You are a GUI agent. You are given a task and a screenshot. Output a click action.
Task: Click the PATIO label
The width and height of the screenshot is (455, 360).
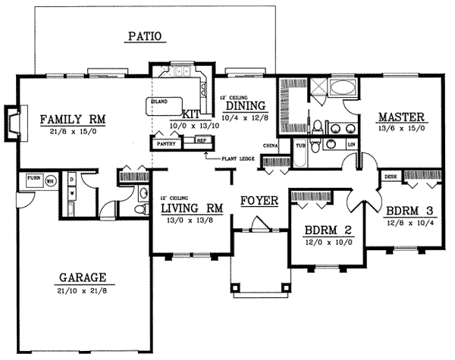(x=146, y=36)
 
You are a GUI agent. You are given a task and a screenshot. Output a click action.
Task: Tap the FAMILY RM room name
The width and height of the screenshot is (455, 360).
(x=72, y=118)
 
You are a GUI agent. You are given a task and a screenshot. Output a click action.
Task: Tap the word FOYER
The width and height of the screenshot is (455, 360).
(x=259, y=201)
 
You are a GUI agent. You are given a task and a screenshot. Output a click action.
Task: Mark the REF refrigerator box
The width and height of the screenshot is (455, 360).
(x=200, y=141)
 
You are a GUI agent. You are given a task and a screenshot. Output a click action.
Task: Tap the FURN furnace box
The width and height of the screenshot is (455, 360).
(x=33, y=180)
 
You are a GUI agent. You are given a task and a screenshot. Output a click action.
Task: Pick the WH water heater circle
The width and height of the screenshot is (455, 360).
(x=51, y=181)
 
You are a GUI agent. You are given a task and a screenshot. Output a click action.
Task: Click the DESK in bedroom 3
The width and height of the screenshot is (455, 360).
(x=391, y=177)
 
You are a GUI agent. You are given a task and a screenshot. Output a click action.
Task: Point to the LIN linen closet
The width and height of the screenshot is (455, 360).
(x=350, y=144)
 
